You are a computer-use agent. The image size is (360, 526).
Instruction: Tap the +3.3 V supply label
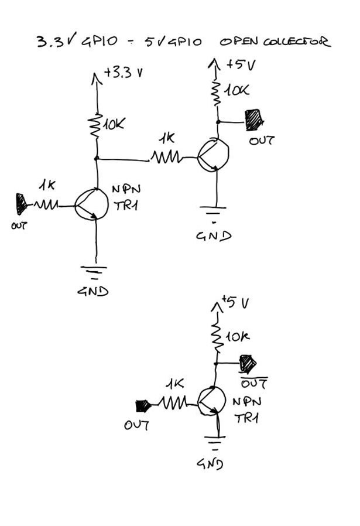(122, 74)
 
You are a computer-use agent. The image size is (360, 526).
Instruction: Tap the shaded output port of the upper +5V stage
(253, 120)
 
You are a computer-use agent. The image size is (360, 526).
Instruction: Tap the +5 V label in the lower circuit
(236, 303)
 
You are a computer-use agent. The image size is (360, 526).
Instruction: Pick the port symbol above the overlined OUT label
(249, 363)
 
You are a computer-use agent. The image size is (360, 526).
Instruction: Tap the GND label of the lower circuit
(210, 464)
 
